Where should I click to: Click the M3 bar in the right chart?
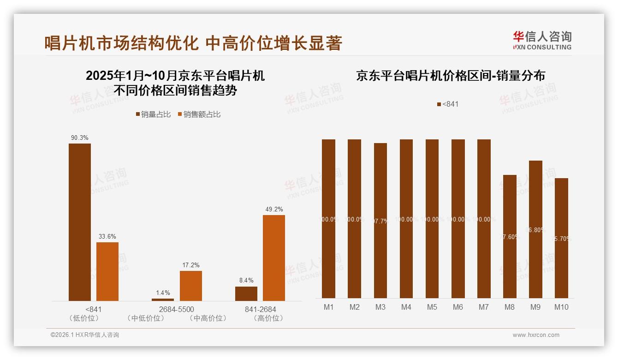[380, 221]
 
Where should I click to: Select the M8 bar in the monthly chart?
[510, 236]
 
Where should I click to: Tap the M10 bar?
[561, 238]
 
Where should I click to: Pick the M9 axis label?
[535, 307]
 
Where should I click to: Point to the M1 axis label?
[329, 307]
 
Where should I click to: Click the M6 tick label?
[458, 307]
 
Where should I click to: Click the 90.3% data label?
[80, 138]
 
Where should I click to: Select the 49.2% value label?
[274, 209]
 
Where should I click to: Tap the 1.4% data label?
[163, 293]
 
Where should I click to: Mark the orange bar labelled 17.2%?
[191, 286]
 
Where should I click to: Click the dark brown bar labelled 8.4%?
[246, 294]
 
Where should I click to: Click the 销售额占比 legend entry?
[199, 114]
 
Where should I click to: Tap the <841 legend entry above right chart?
[448, 104]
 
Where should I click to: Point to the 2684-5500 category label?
[177, 309]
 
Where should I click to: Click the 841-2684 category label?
[261, 309]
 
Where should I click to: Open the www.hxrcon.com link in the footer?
[536, 335]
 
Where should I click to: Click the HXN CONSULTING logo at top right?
[542, 40]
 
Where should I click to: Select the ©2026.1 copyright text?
[85, 335]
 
